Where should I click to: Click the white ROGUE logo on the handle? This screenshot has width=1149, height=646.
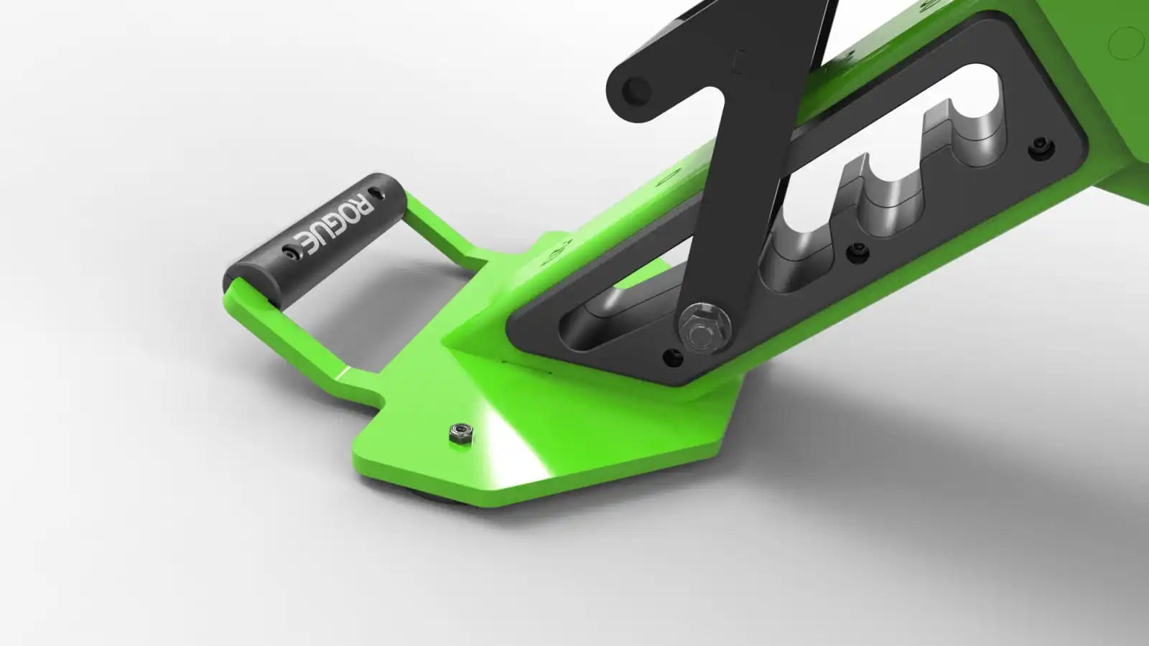point(334,225)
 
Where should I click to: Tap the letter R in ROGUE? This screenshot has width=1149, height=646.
point(363,205)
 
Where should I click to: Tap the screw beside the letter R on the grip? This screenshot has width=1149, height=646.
point(379,193)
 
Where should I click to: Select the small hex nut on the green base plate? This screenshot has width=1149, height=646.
point(460,434)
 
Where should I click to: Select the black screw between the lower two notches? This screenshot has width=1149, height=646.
point(857,252)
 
